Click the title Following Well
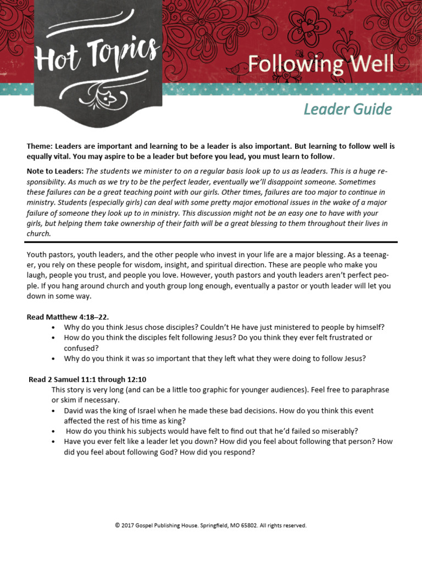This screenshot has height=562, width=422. (320, 64)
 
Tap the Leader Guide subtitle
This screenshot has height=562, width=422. (347, 109)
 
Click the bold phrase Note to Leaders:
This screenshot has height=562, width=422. (55, 172)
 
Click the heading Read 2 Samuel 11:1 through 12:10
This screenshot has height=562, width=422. (87, 379)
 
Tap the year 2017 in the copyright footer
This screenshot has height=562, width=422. (128, 525)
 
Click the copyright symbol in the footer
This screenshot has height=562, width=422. (118, 525)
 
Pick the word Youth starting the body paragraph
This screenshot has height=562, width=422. (36, 254)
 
